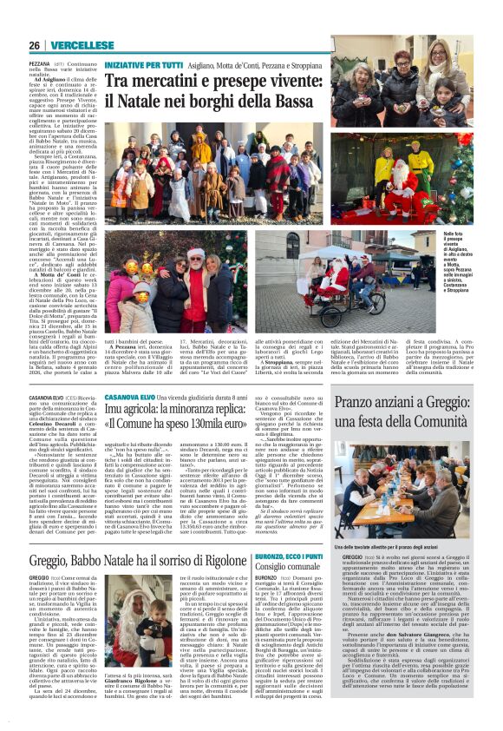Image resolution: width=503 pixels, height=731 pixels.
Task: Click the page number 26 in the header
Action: point(34,45)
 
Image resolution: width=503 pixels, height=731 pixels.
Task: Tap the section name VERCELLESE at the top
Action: point(82,45)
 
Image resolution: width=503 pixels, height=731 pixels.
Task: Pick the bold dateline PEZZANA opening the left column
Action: point(40,64)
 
